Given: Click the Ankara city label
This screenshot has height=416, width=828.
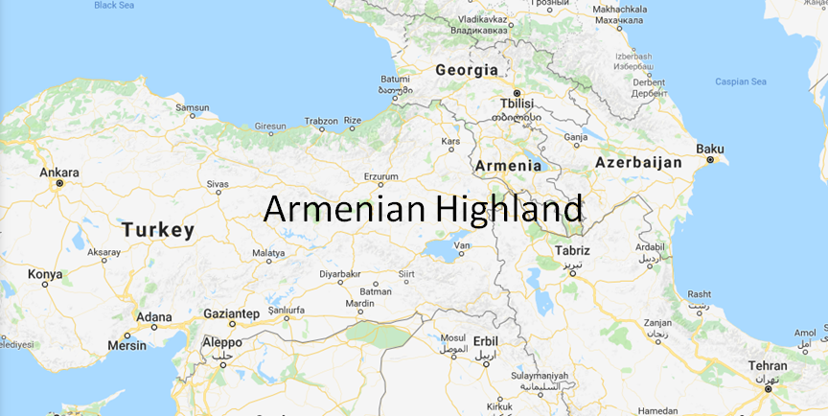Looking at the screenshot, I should click(59, 173).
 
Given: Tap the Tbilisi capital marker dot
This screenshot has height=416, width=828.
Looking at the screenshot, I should click(517, 93).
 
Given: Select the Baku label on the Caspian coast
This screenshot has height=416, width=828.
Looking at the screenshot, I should click(710, 149).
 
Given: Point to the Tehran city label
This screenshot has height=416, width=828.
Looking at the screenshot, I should click(769, 366).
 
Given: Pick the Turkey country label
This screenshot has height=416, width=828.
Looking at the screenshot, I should click(158, 230).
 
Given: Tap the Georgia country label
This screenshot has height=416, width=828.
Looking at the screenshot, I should click(467, 70).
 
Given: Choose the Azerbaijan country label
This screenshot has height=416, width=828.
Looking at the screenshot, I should click(638, 163).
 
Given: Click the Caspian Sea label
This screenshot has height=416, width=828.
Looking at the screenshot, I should click(741, 81).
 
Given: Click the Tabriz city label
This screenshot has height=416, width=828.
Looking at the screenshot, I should click(572, 251).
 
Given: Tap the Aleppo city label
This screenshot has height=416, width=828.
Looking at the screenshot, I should click(222, 342).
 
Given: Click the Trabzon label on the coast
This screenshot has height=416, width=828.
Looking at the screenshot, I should click(321, 121).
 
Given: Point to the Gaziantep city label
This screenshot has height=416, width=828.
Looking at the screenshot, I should click(232, 313).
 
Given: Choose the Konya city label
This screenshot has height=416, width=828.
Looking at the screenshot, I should click(44, 274).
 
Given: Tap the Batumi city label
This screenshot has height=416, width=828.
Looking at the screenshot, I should click(395, 79).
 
